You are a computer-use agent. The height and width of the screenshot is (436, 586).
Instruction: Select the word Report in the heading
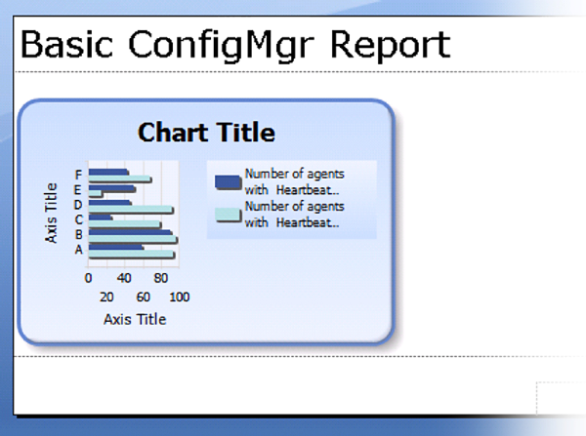(x=391, y=46)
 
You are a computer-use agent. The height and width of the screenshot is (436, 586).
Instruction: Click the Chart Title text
(x=206, y=133)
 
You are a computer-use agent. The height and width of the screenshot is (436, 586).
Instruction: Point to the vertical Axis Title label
(x=51, y=214)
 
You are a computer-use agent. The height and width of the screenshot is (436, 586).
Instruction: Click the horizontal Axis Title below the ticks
(x=135, y=320)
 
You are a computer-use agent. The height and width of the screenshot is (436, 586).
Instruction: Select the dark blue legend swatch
(x=228, y=182)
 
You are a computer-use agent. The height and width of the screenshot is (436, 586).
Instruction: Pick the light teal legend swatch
(x=228, y=215)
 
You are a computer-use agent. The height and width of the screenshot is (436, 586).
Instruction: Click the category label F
(x=78, y=175)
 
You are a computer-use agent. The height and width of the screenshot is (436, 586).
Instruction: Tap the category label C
(x=78, y=219)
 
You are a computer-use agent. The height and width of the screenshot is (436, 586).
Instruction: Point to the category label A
(x=78, y=249)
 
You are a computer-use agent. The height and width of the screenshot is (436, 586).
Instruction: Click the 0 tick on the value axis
(x=88, y=278)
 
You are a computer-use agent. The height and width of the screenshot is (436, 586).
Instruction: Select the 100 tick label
(x=180, y=297)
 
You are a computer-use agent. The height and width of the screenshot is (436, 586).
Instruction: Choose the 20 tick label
(x=106, y=297)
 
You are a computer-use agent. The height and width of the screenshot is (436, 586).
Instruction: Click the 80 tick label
(x=161, y=278)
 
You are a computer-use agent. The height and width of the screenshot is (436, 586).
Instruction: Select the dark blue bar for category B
(x=130, y=232)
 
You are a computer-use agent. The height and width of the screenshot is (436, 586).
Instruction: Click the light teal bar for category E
(x=95, y=194)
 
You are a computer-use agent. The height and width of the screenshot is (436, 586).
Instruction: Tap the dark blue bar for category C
(x=100, y=218)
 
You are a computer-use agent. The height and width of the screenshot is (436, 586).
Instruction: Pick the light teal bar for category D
(x=131, y=210)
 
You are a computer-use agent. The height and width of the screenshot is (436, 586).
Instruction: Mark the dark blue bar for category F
(x=108, y=172)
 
